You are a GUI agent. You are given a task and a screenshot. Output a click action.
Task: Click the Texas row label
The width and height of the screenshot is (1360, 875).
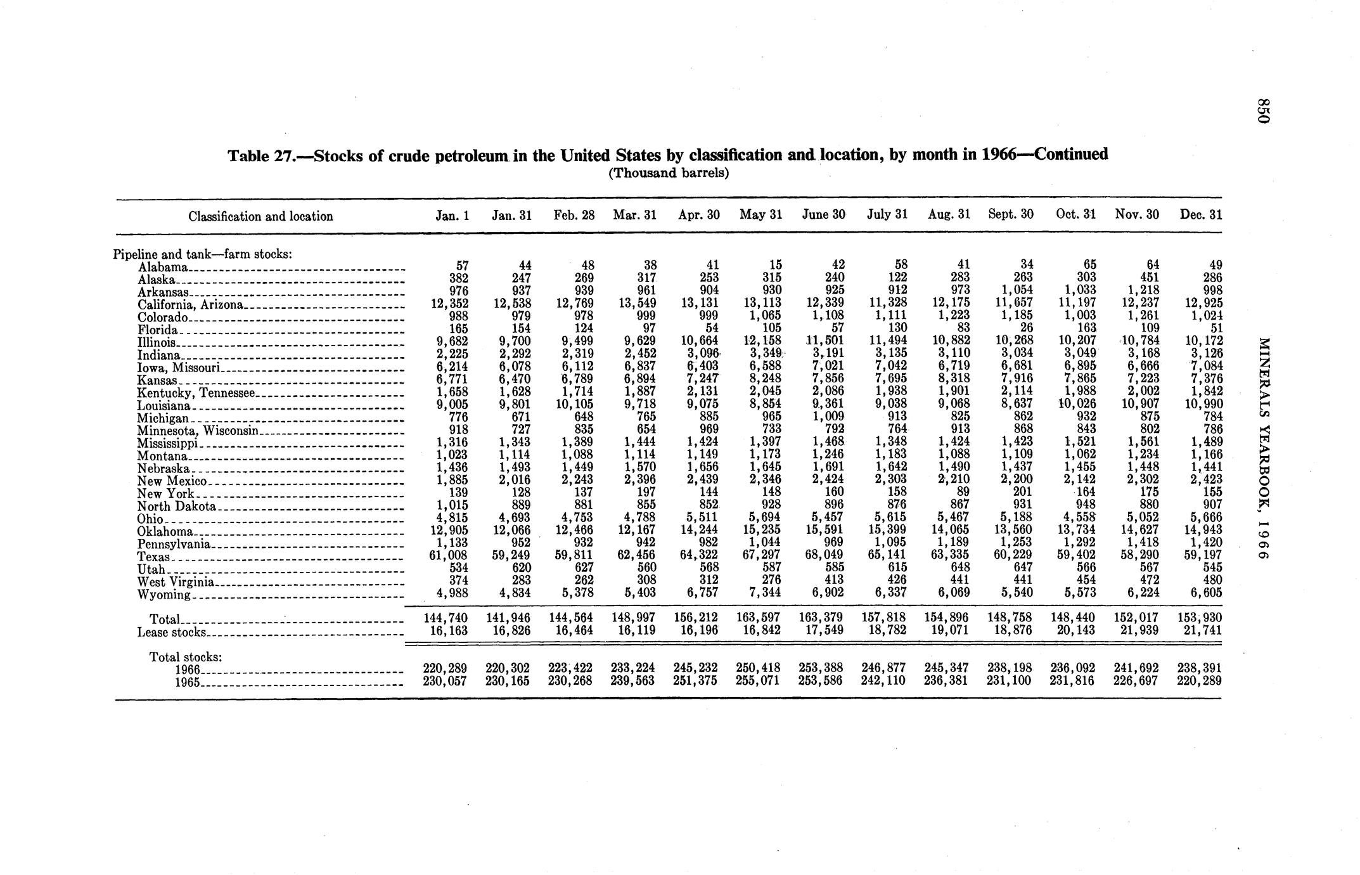(153, 557)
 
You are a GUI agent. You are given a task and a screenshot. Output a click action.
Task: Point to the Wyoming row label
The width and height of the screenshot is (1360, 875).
(164, 595)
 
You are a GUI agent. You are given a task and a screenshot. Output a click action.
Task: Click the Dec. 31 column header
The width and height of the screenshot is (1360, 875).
(1200, 214)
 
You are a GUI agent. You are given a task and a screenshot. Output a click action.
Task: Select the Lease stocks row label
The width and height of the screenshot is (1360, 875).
(171, 632)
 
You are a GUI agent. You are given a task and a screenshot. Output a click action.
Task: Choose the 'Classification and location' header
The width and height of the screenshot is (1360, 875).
(260, 216)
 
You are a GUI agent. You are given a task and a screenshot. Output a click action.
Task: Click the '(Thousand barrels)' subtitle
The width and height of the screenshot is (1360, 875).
(669, 173)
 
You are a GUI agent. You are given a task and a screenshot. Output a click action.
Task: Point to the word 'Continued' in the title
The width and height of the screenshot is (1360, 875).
(1071, 154)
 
